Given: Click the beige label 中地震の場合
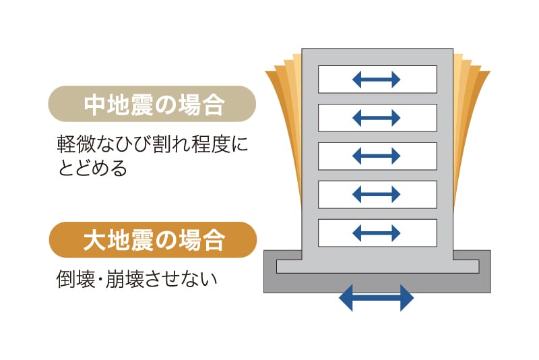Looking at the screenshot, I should [153, 104].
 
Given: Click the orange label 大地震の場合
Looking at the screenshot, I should [153, 239].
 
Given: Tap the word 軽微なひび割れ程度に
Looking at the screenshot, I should [152, 144].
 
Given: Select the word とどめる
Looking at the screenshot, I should [92, 168].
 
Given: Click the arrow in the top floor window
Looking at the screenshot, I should [377, 80].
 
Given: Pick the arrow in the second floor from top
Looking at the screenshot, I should [377, 118].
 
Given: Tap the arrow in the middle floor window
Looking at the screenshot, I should [377, 156].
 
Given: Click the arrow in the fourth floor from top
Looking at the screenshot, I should [377, 195].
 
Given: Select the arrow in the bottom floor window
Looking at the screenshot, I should [377, 233].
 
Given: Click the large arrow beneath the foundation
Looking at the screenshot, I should [377, 297].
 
